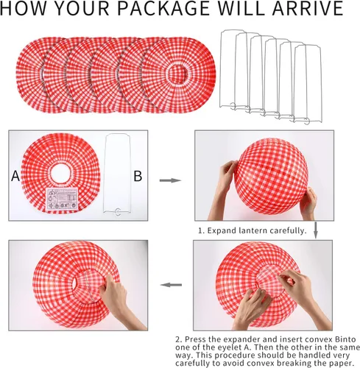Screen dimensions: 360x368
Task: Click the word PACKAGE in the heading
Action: pos(163,8)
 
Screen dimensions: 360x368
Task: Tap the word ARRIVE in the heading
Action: pos(308,8)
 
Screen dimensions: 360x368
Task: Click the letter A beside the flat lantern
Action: pos(15,176)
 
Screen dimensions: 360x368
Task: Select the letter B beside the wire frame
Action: pos(138,176)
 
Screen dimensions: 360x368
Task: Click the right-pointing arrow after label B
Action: pos(170,180)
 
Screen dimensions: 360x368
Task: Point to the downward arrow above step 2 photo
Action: pos(316,230)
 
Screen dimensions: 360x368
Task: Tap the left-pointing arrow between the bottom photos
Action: pos(171,285)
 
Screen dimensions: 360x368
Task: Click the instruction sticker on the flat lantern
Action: pos(62,199)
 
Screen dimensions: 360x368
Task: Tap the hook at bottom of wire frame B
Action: pos(118,212)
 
